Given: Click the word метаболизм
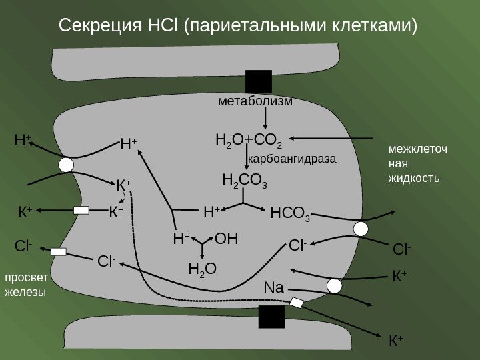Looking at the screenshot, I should click(x=255, y=102).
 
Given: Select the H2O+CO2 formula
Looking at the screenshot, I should click(x=249, y=141).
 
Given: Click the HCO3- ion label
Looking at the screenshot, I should click(x=291, y=214).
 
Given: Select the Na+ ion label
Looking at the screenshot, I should click(x=276, y=288).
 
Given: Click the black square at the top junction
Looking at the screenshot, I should click(x=259, y=81).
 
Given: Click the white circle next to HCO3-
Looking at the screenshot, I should click(x=361, y=229).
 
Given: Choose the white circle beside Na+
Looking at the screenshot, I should click(x=335, y=286).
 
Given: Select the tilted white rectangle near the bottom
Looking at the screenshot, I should click(x=297, y=303).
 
